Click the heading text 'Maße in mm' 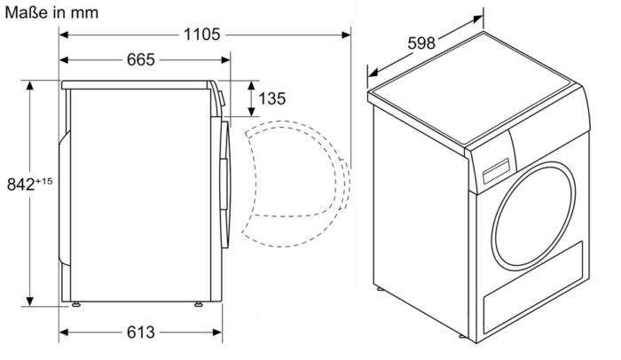pyautogui.click(x=50, y=12)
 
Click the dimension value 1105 pyautogui.click(x=202, y=35)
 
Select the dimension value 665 pyautogui.click(x=140, y=60)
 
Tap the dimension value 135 pyautogui.click(x=272, y=98)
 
